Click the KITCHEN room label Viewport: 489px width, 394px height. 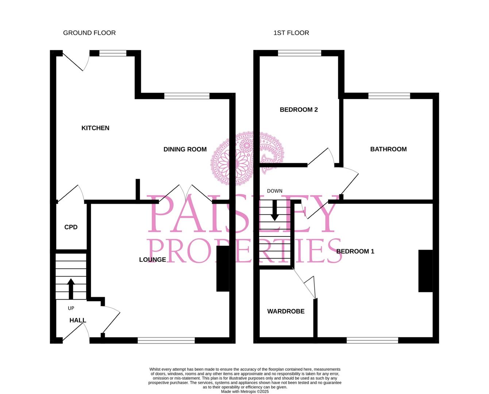point(95,128)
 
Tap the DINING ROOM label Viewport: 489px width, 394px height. point(185,149)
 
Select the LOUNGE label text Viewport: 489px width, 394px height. point(153,259)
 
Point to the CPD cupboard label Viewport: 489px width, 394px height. point(71,227)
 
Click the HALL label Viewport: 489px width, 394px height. point(78,320)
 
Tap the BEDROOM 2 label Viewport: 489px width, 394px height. point(299,110)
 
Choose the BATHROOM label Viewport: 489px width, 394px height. point(388,149)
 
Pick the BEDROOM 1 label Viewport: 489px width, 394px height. point(355,251)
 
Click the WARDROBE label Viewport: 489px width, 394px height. point(286,311)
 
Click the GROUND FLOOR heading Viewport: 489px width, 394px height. point(89,33)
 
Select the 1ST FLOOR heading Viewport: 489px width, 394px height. point(291,33)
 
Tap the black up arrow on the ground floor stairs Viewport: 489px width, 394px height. point(71,289)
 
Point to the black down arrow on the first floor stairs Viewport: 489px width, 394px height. point(275,210)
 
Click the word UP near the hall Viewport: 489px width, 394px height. point(71,308)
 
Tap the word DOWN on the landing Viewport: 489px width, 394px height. point(275,191)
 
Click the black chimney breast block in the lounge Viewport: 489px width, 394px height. point(223,269)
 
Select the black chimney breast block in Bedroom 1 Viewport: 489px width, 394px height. point(426,271)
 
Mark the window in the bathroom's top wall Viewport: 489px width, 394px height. point(389,96)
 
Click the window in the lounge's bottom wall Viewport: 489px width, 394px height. point(166,340)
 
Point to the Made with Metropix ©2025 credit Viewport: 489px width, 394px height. point(245,391)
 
